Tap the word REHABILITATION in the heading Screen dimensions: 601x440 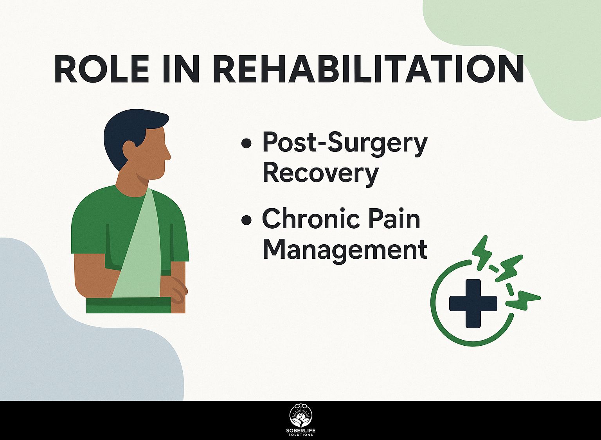point(368,69)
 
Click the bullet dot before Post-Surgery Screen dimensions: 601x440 point(246,143)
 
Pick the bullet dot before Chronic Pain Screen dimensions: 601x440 point(246,220)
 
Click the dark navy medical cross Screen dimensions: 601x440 point(473,303)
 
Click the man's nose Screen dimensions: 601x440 point(168,155)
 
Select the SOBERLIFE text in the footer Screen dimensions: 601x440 point(301,431)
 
